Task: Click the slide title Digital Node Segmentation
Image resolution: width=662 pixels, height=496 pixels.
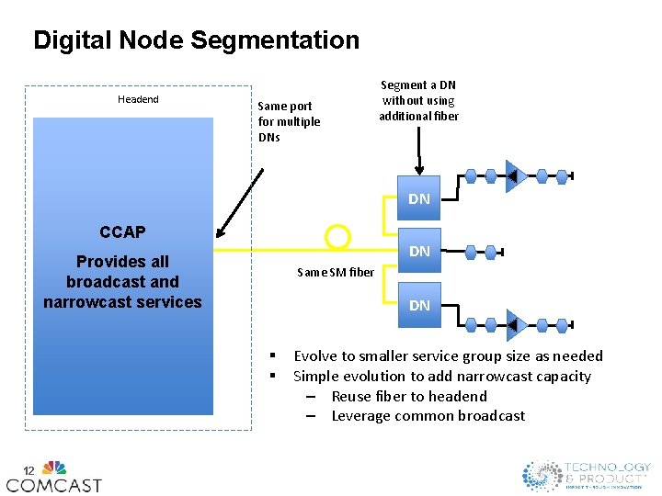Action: pyautogui.click(x=196, y=40)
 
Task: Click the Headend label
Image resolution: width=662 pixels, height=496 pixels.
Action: pyautogui.click(x=138, y=99)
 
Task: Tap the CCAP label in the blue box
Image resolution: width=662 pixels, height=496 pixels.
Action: pyautogui.click(x=122, y=232)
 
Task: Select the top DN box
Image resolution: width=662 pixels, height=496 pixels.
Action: pyautogui.click(x=419, y=197)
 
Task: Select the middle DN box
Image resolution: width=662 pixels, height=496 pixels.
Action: pyautogui.click(x=419, y=250)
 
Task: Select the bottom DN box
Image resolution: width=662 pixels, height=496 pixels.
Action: pyautogui.click(x=419, y=305)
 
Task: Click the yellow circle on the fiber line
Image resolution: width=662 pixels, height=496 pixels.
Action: pyautogui.click(x=338, y=238)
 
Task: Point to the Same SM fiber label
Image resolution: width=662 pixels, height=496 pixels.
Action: pyautogui.click(x=336, y=272)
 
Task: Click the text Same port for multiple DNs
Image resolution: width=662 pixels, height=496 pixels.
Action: pyautogui.click(x=289, y=121)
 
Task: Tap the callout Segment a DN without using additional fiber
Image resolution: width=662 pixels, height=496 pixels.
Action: pyautogui.click(x=418, y=100)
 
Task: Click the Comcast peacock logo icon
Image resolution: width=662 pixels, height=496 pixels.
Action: pyautogui.click(x=54, y=467)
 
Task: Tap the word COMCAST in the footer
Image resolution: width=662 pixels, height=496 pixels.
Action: pyautogui.click(x=54, y=484)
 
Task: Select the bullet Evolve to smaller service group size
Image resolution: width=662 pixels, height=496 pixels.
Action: pyautogui.click(x=448, y=356)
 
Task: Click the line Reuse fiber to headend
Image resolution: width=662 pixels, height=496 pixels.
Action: pyautogui.click(x=409, y=396)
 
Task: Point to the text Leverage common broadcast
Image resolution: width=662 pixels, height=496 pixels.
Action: pyautogui.click(x=428, y=416)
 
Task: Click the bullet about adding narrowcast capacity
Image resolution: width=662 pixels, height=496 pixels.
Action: pyautogui.click(x=441, y=376)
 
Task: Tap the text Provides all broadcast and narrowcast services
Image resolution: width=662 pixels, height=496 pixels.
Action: pyautogui.click(x=122, y=281)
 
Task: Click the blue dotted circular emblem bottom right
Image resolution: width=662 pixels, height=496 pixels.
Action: pyautogui.click(x=542, y=475)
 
